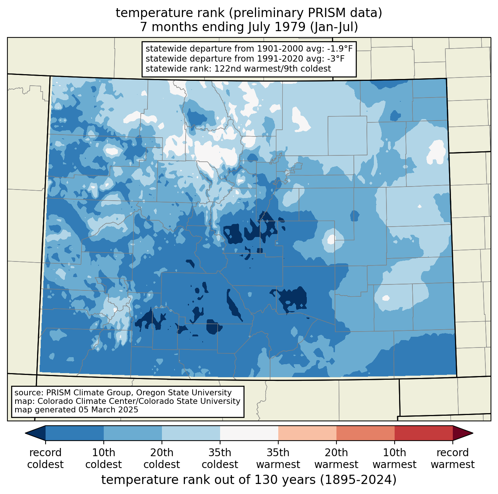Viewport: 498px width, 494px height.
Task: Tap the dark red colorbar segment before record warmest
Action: coord(424,433)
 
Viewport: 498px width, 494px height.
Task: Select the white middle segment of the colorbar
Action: coord(249,433)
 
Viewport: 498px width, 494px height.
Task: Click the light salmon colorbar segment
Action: coord(307,433)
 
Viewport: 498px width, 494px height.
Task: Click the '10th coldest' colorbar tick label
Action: coord(103,458)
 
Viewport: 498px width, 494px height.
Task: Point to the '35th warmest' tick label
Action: coord(278,458)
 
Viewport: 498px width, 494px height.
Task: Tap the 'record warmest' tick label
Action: coord(452,458)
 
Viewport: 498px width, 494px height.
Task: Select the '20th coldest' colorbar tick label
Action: coord(162,458)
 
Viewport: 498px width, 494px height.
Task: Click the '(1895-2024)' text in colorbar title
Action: coord(358,480)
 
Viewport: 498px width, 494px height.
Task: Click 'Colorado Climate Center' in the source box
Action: coord(75,401)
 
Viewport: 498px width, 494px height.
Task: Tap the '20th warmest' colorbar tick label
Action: coord(336,458)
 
